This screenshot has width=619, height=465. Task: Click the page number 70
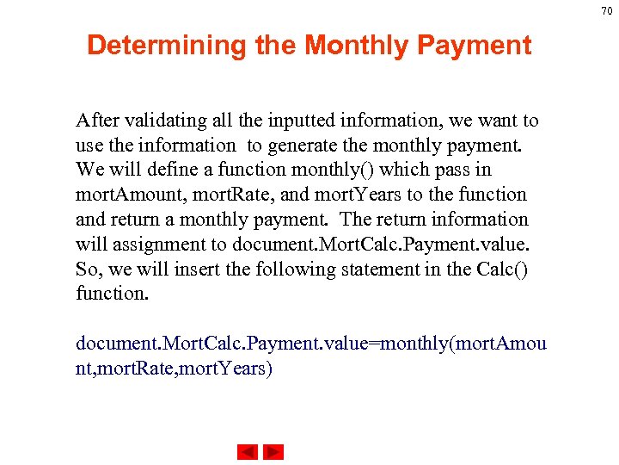pos(606,10)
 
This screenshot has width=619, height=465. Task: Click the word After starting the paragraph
pos(96,120)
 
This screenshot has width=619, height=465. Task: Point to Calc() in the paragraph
pos(500,270)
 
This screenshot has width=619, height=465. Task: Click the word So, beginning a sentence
pos(89,270)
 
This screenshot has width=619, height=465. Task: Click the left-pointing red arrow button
pos(247,452)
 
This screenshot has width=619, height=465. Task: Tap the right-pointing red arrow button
pos(273,452)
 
